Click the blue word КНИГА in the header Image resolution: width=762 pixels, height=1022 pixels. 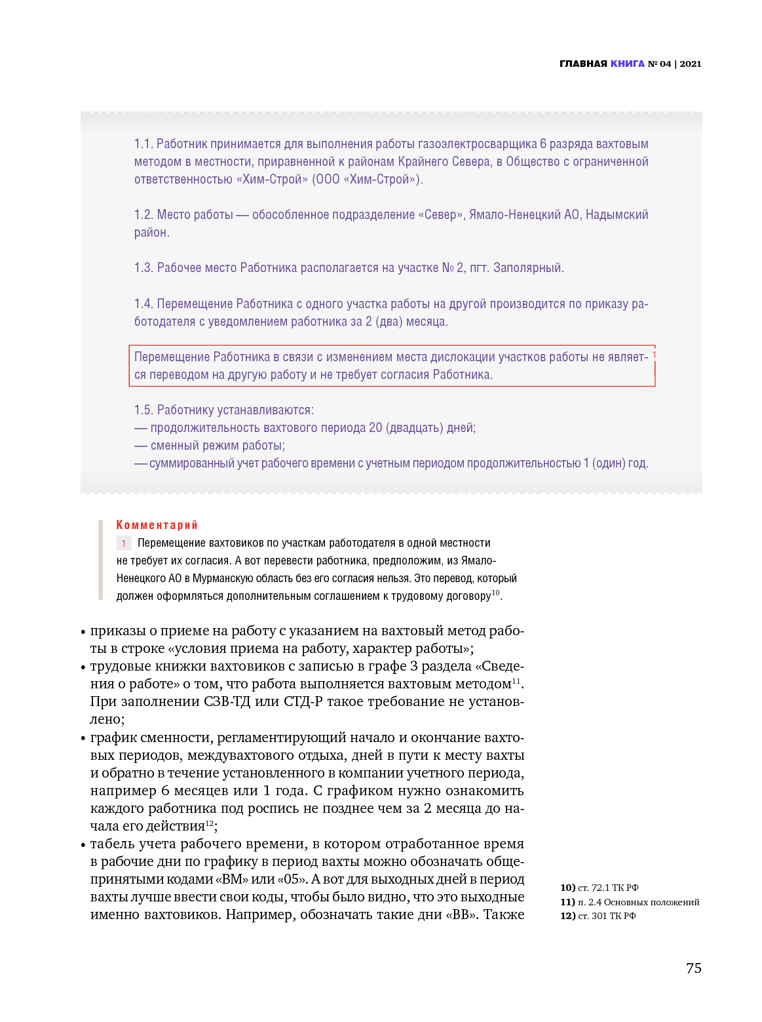coord(627,64)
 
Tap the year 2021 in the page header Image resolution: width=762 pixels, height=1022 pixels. coord(690,64)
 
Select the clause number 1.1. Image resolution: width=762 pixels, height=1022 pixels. coord(143,144)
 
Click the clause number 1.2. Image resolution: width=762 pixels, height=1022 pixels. coord(143,215)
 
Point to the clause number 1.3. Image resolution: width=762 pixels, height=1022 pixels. coord(143,268)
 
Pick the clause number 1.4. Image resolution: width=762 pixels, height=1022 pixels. coord(143,304)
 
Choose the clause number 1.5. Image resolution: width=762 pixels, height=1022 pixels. coord(143,410)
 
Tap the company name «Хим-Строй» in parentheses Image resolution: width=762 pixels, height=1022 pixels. coord(383,180)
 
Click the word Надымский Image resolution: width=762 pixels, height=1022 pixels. coord(617,215)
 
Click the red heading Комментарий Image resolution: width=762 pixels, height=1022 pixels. coord(157,525)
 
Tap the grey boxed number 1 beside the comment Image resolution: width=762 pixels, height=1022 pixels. coord(124,543)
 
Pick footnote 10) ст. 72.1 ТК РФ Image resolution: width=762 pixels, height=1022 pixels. coord(599,888)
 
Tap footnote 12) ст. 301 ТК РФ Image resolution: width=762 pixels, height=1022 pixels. coord(598,916)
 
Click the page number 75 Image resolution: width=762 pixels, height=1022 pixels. coord(693,969)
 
